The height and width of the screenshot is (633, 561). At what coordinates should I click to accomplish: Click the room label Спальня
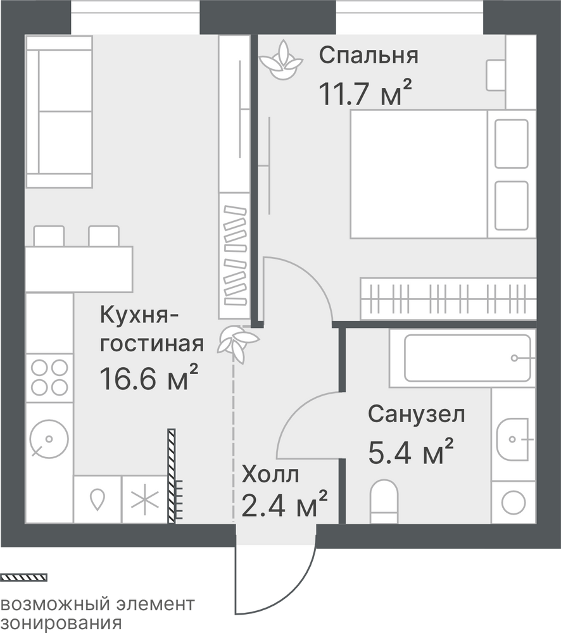(369, 55)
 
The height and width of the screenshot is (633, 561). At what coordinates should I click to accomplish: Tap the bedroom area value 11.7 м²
(365, 92)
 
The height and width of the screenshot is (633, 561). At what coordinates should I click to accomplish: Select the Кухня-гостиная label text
(151, 329)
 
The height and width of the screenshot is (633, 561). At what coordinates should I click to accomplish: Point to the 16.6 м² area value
(149, 378)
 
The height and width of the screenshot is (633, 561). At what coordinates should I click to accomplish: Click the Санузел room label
(417, 414)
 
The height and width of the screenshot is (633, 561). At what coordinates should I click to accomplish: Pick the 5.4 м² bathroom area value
(411, 451)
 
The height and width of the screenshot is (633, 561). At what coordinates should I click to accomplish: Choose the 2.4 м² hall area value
(284, 504)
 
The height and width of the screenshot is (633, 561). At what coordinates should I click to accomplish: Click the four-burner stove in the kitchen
(49, 378)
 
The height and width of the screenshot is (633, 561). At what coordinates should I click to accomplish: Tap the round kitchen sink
(49, 439)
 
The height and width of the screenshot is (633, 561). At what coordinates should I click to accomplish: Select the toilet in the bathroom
(384, 501)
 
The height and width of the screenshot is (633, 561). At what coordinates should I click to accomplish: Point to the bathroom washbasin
(512, 439)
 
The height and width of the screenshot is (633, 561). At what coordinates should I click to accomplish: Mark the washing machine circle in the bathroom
(514, 503)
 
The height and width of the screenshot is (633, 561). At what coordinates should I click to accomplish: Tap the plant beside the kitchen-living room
(237, 344)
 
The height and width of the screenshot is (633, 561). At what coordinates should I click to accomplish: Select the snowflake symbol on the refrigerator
(145, 499)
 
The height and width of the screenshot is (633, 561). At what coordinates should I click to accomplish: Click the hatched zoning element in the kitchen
(172, 476)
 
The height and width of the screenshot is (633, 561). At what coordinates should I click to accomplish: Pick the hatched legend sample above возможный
(23, 577)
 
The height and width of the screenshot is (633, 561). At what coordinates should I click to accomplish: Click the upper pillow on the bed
(512, 144)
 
